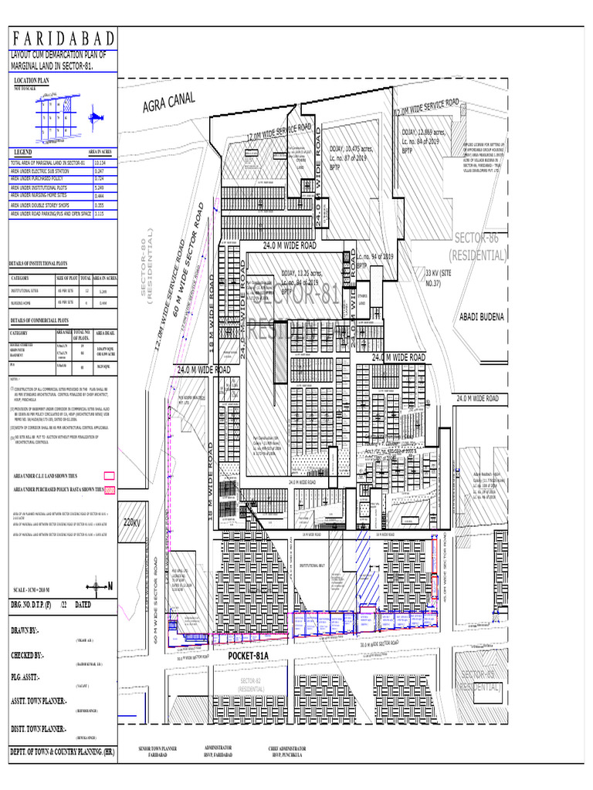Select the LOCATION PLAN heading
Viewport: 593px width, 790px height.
pyautogui.click(x=32, y=80)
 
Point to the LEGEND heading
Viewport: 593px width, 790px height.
pyautogui.click(x=20, y=153)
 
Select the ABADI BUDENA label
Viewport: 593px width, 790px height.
pyautogui.click(x=481, y=316)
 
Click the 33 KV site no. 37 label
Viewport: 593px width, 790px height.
pyautogui.click(x=438, y=278)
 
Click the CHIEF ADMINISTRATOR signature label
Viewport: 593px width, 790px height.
pyautogui.click(x=287, y=751)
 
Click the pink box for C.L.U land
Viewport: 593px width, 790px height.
pyautogui.click(x=109, y=475)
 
